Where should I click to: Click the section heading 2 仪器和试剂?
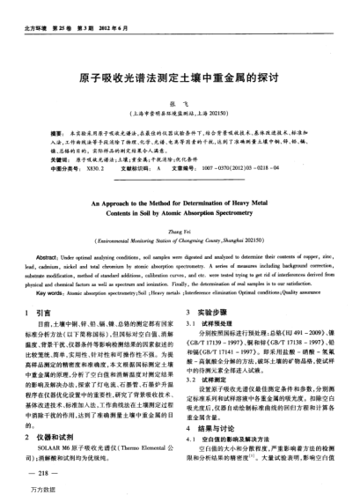click(x=48, y=435)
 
